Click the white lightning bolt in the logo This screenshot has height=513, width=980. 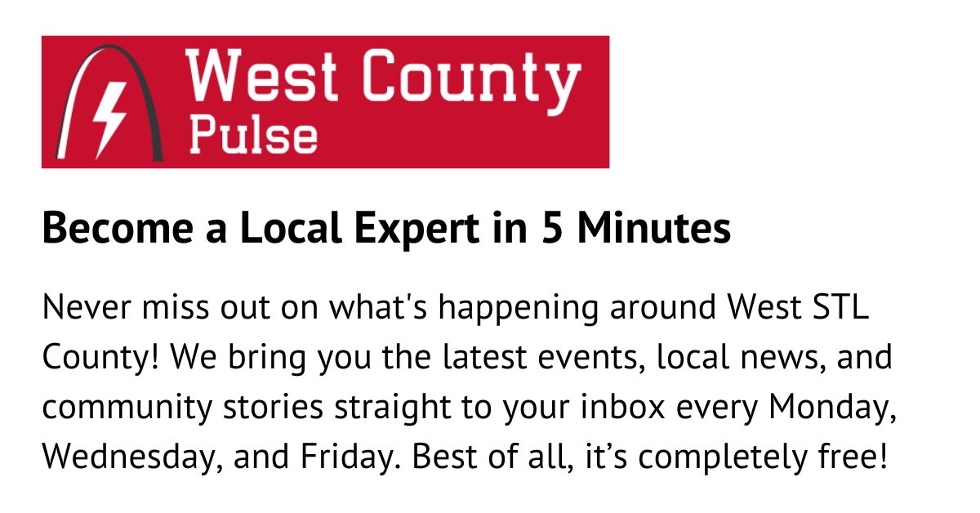pyautogui.click(x=109, y=114)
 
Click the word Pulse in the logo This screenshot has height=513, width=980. pyautogui.click(x=253, y=136)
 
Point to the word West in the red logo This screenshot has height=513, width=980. pyautogui.click(x=261, y=75)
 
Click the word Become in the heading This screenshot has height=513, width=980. pyautogui.click(x=118, y=228)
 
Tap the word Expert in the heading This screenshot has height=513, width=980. pyautogui.click(x=416, y=230)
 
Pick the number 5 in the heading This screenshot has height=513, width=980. pyautogui.click(x=552, y=228)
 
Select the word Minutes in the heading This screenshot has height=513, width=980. pyautogui.click(x=654, y=228)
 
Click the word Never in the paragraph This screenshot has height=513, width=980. pyautogui.click(x=87, y=307)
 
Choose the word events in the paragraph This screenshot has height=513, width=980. pyautogui.click(x=591, y=357)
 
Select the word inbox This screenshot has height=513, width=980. pyautogui.click(x=623, y=406)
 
